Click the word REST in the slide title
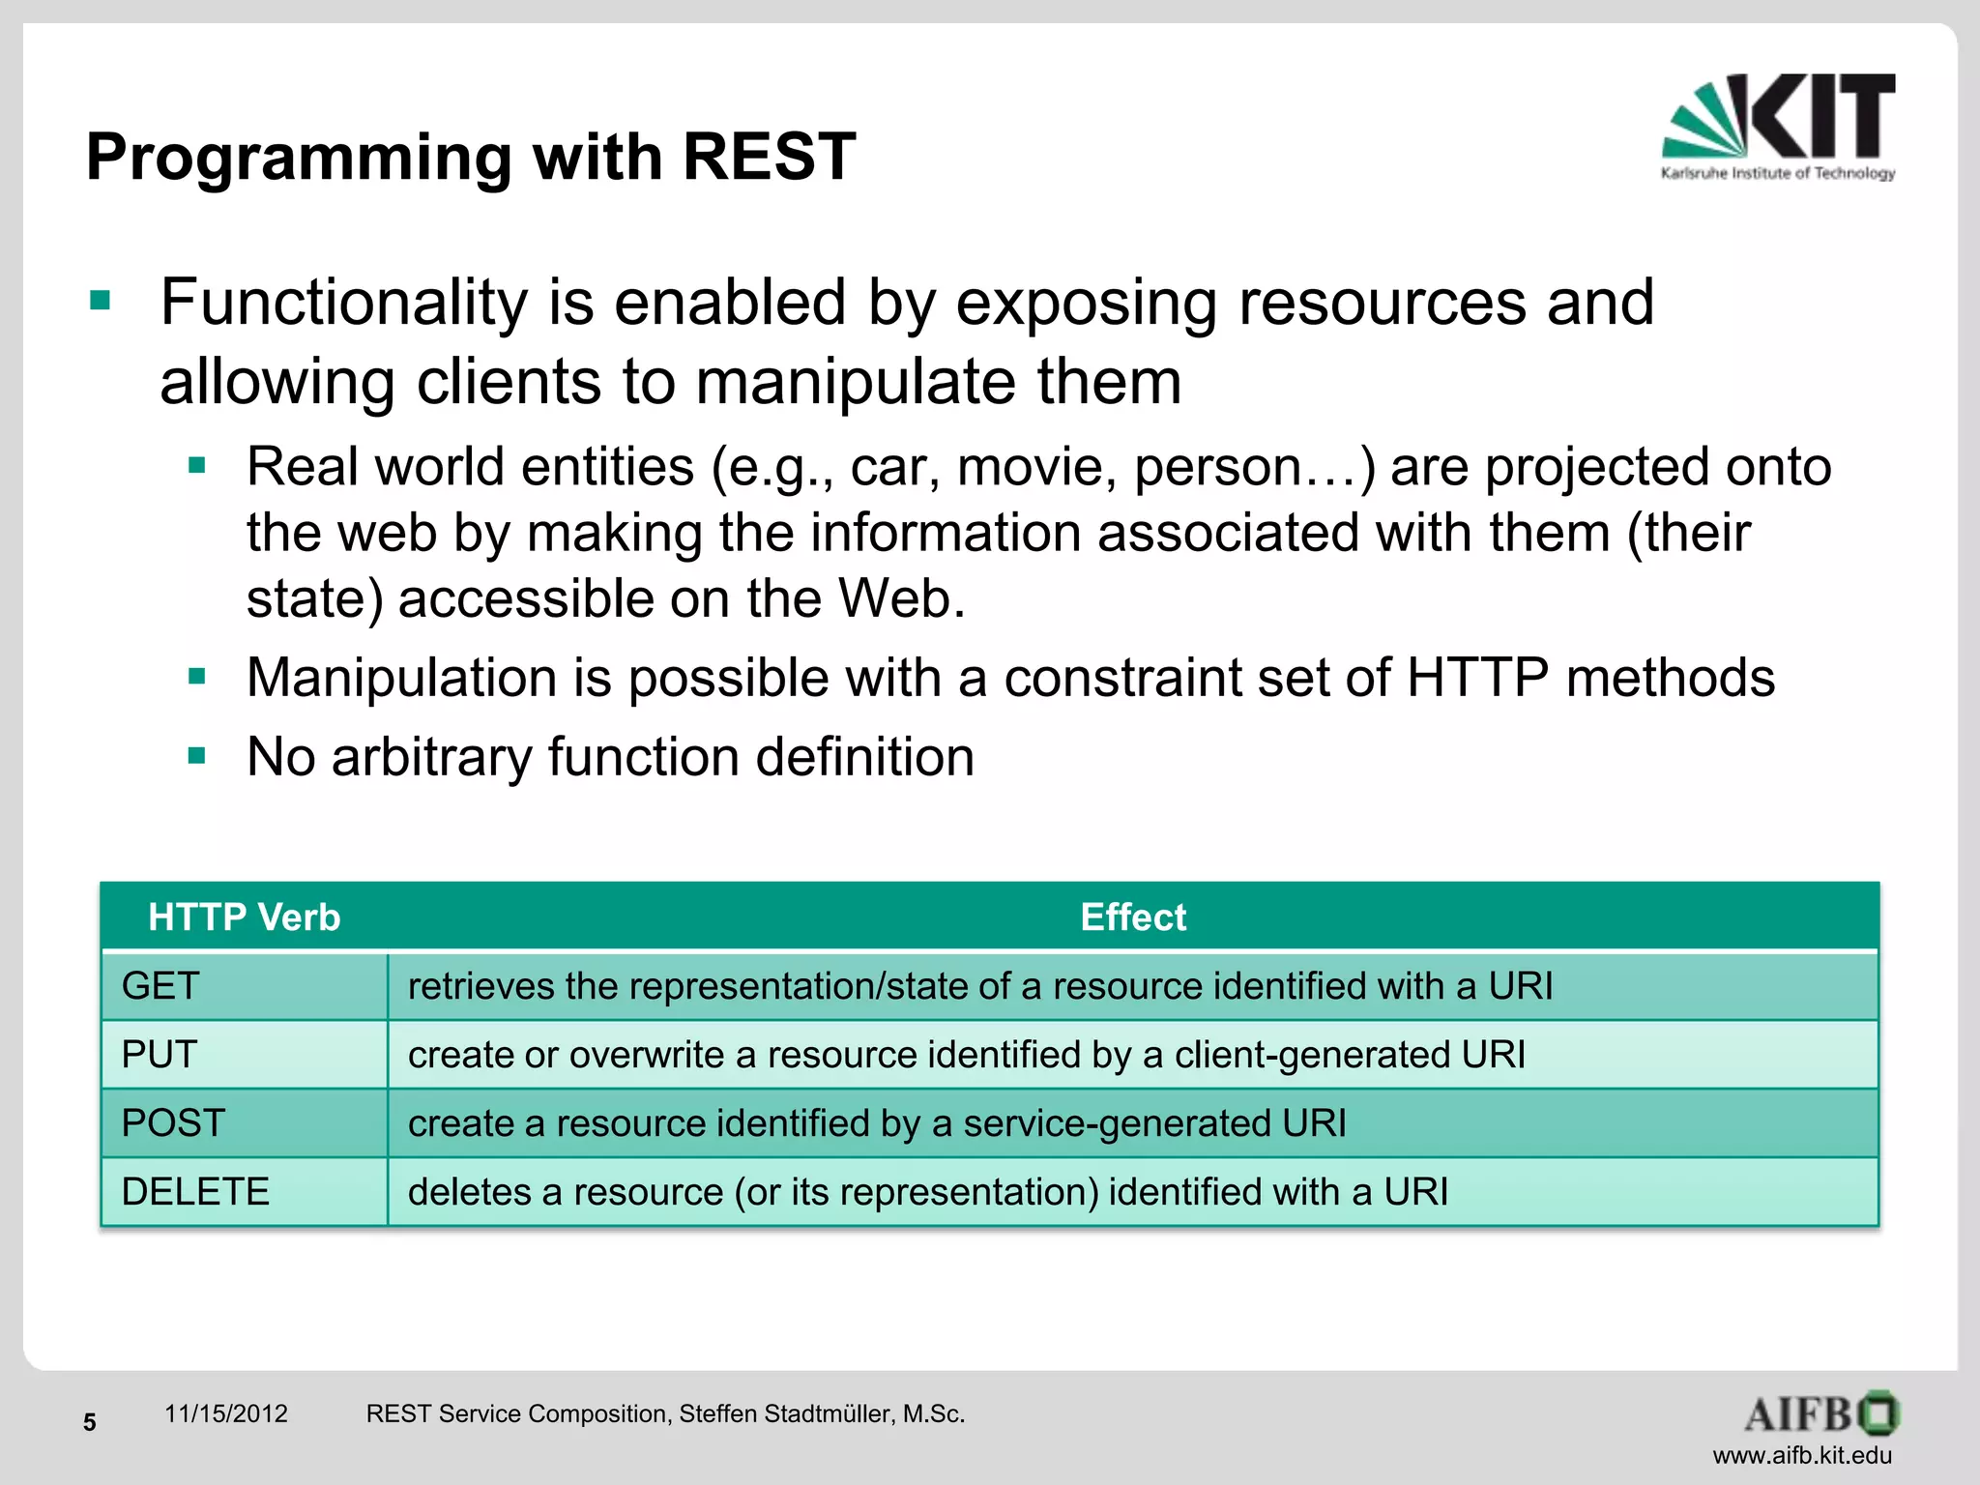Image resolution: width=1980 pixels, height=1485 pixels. [769, 157]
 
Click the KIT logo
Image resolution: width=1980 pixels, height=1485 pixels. [1778, 126]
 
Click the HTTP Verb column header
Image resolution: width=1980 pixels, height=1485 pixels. [244, 917]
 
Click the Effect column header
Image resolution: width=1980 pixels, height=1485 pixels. [1132, 917]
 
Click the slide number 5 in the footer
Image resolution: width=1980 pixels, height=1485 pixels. [90, 1422]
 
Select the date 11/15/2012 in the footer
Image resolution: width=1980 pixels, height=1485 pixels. [226, 1413]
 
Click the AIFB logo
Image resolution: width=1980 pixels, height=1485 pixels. [1821, 1414]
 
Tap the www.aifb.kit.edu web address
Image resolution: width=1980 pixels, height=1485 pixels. [1802, 1455]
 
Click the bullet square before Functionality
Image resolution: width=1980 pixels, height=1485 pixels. [101, 301]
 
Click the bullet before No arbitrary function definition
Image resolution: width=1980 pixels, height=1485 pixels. [197, 755]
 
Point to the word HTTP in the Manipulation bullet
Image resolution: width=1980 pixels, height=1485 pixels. [1477, 677]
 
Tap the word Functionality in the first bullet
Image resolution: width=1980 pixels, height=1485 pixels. [344, 303]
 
